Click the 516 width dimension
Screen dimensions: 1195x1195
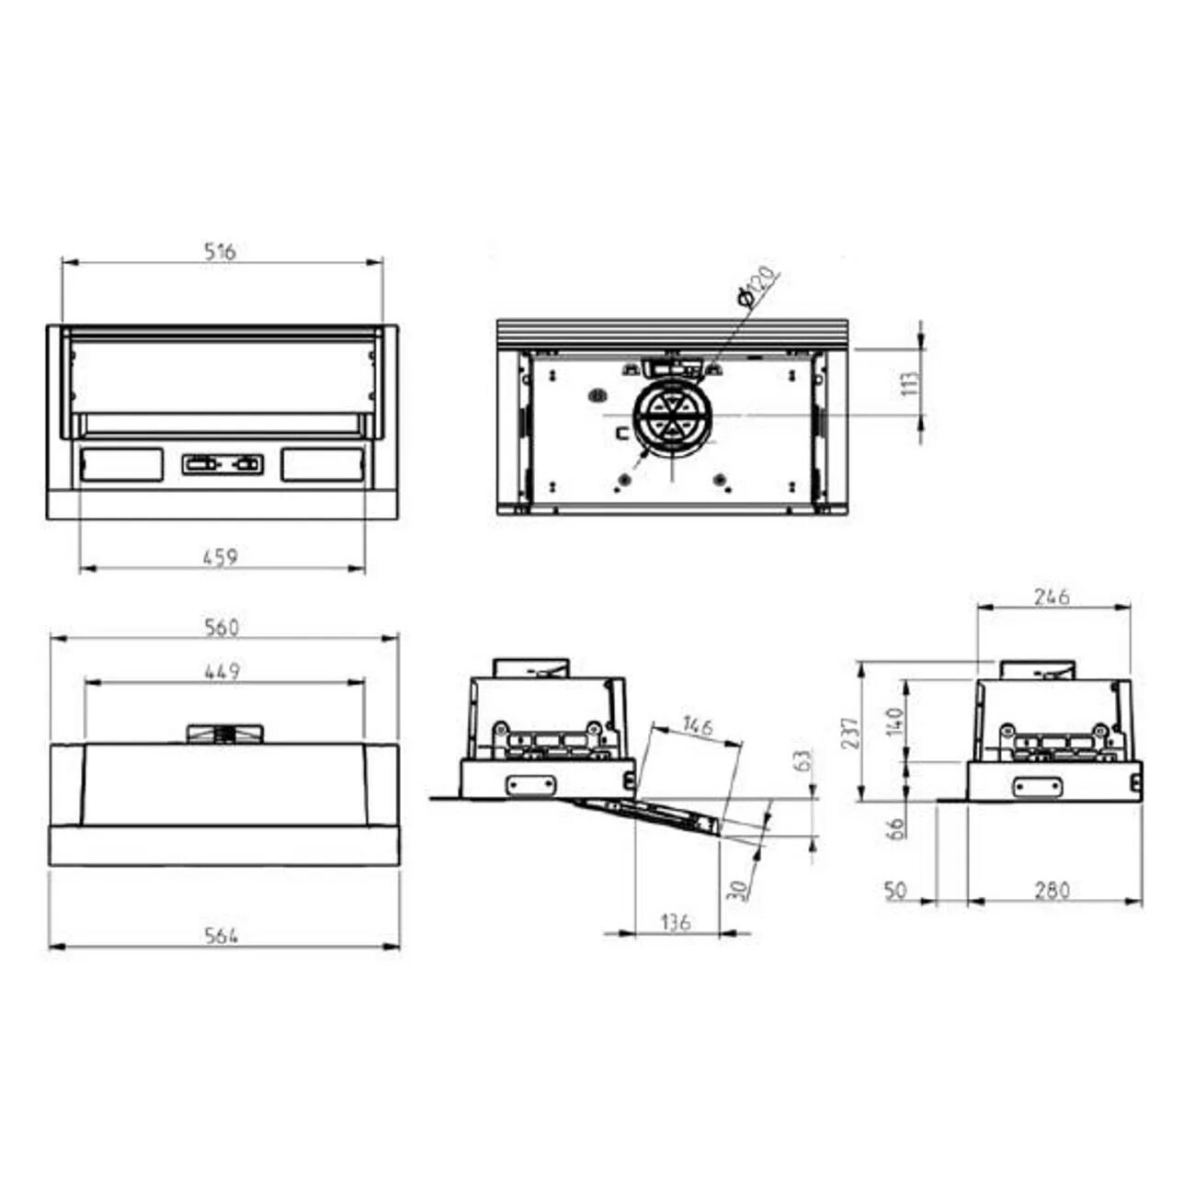(x=220, y=251)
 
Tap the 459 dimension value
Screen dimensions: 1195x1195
(x=221, y=556)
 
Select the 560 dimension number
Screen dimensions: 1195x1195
(x=222, y=628)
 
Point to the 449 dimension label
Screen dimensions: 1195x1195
(x=222, y=671)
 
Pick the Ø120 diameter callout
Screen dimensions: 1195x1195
(x=757, y=286)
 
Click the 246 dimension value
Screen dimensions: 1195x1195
(x=1053, y=597)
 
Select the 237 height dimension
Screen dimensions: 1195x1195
(x=853, y=733)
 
